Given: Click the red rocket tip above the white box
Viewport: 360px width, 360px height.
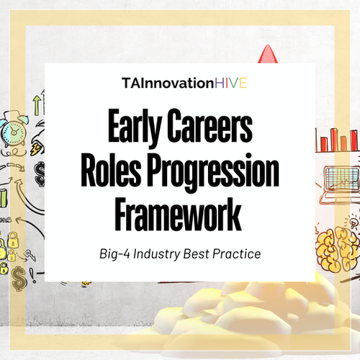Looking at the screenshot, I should click(269, 55).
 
